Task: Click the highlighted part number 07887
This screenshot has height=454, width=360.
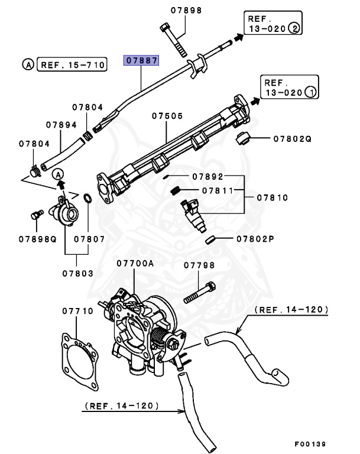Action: (141, 60)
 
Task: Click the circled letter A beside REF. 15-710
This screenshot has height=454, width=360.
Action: (27, 64)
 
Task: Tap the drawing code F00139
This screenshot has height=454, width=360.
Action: (310, 443)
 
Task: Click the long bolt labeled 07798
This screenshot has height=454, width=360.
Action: (199, 294)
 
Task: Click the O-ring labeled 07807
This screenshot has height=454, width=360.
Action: (86, 198)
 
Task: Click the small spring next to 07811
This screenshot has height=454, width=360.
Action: (176, 190)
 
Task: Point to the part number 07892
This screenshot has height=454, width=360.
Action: (207, 176)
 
